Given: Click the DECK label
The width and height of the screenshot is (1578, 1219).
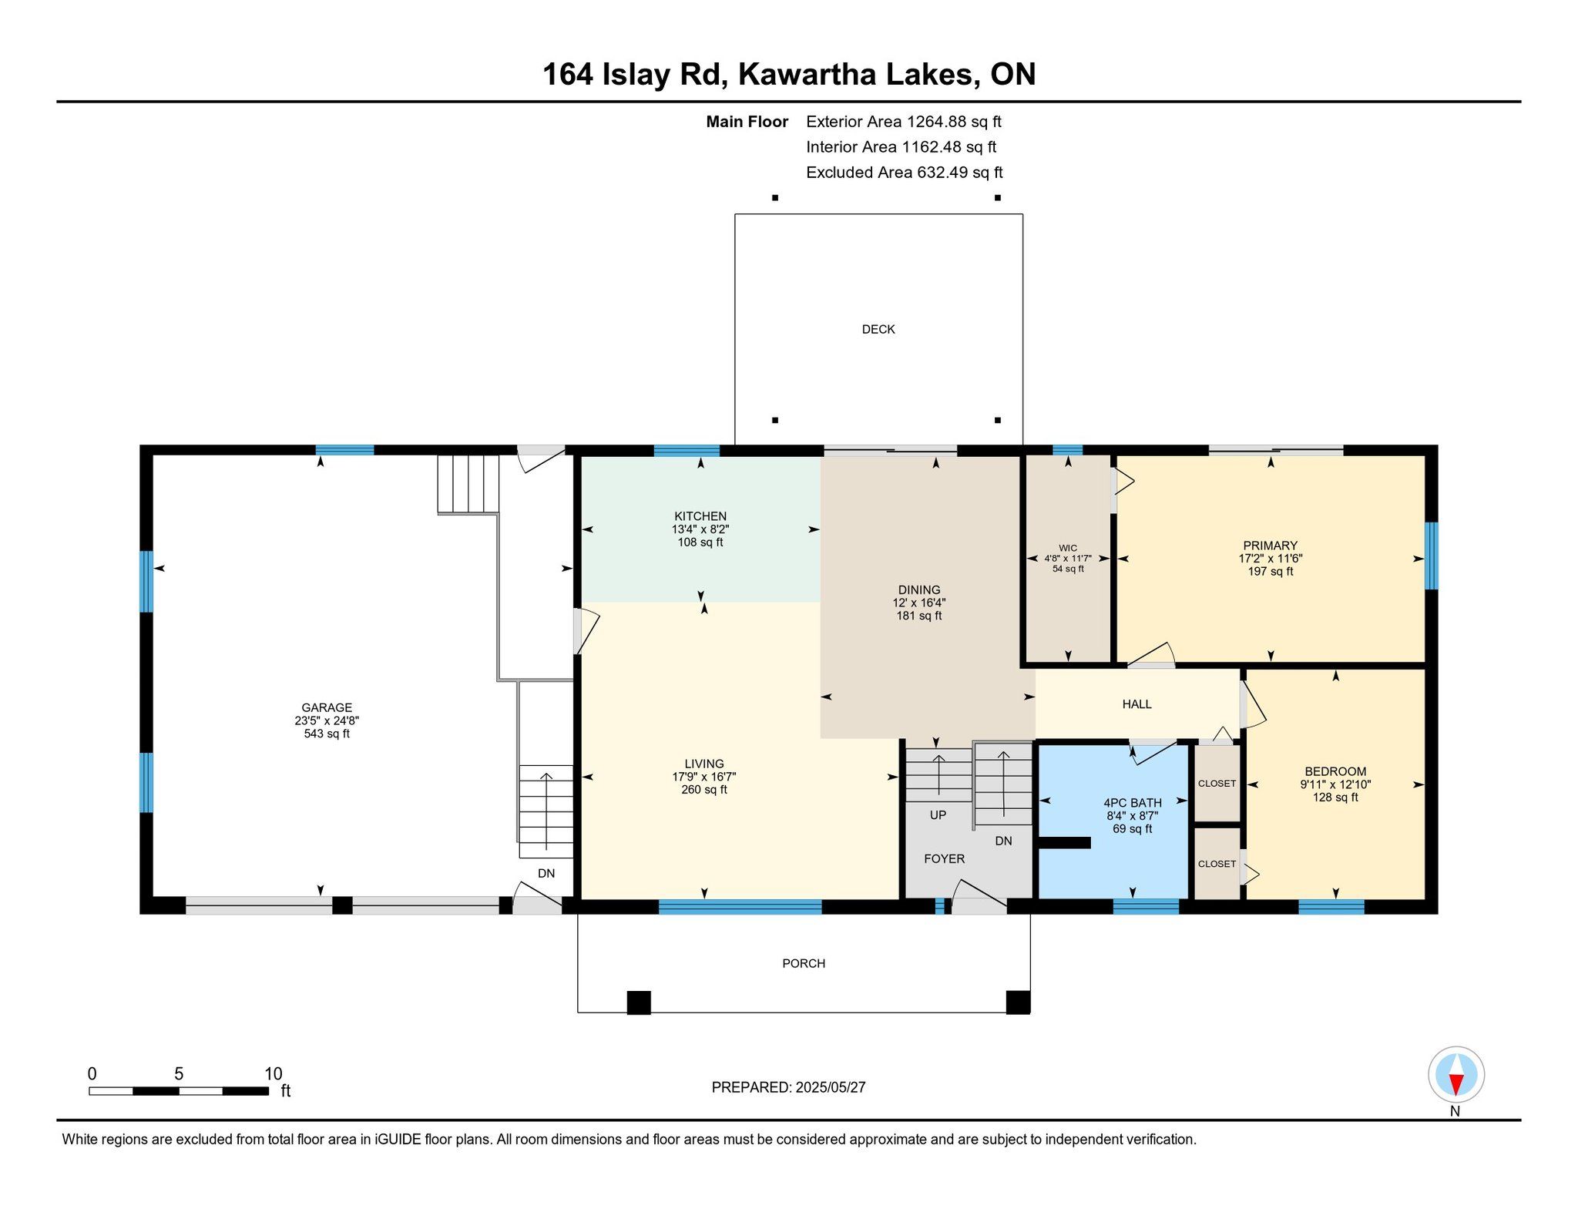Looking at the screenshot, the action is click(x=878, y=329).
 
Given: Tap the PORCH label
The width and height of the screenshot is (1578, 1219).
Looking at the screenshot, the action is click(x=804, y=963).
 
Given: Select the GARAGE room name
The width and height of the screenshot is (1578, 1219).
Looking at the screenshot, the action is click(x=327, y=707).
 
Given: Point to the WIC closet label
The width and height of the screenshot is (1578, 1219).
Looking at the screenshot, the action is click(x=1068, y=548).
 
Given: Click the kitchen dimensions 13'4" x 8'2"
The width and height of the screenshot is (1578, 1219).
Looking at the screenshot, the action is click(x=700, y=529).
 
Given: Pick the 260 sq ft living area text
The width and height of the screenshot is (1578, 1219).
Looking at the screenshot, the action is click(x=704, y=790).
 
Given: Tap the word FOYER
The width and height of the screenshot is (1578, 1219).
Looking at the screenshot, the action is click(x=945, y=859).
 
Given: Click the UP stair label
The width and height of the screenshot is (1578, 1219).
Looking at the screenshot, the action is click(x=938, y=815).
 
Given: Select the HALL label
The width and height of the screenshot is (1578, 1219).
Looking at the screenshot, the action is click(x=1137, y=704).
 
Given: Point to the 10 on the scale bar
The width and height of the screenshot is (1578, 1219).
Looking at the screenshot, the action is click(x=274, y=1074).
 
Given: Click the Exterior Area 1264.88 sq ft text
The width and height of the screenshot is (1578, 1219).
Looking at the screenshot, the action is click(x=904, y=122).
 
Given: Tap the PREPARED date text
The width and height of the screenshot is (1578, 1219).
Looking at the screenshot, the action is click(x=789, y=1087).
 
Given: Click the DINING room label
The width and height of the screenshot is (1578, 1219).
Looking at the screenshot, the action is click(x=919, y=590).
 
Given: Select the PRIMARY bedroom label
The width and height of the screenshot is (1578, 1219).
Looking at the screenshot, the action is click(x=1271, y=546).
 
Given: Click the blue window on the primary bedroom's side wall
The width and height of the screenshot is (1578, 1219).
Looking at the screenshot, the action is click(x=1432, y=556).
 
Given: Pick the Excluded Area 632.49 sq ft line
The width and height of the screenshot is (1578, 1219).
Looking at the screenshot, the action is click(x=905, y=173).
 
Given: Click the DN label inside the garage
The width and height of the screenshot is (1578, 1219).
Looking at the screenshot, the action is click(x=546, y=874).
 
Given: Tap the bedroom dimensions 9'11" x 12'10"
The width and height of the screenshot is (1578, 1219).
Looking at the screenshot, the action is click(x=1336, y=784).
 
